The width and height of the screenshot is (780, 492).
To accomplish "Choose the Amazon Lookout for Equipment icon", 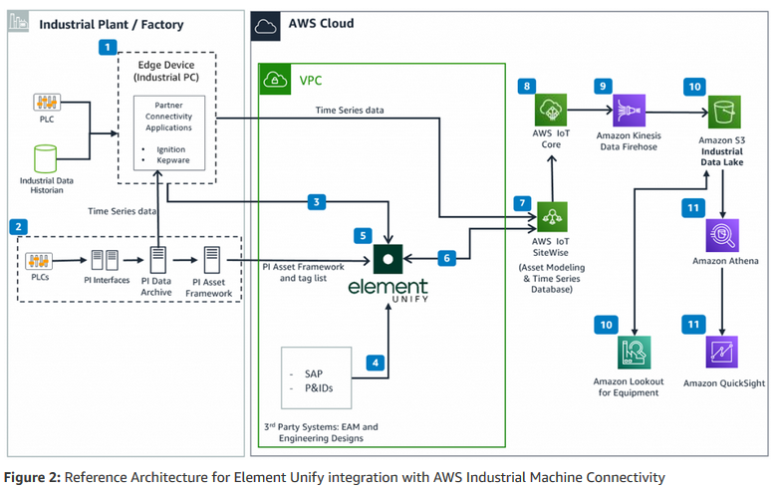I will pos(635,354).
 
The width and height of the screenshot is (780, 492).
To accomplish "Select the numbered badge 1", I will pos(108,46).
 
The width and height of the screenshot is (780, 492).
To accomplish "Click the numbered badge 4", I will pos(376,363).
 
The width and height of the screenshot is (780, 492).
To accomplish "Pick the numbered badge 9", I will pos(603,87).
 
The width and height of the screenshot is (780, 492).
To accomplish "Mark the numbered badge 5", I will pos(364,236).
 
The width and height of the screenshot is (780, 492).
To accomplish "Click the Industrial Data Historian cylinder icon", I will pos(46,159).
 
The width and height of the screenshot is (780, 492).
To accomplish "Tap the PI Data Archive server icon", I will pos(155,260).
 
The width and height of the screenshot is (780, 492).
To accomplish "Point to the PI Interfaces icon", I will pos(101,261).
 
